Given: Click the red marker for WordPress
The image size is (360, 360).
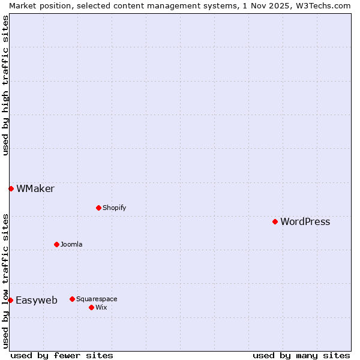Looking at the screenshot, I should (x=275, y=221).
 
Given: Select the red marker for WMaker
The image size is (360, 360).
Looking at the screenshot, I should (x=11, y=188).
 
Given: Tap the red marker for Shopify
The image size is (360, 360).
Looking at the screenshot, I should (x=98, y=208).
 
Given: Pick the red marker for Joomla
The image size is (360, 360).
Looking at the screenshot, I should (x=56, y=244).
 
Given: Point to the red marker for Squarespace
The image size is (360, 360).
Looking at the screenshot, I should (x=72, y=299).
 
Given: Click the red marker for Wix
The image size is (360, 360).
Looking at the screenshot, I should (x=91, y=307).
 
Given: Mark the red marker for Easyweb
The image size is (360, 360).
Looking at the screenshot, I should (x=10, y=300).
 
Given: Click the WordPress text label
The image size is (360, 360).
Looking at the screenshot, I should (x=305, y=221).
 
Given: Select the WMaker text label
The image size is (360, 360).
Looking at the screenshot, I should (x=35, y=188).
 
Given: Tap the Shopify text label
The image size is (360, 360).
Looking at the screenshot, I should (x=114, y=208).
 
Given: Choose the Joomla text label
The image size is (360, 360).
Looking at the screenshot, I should (x=71, y=244).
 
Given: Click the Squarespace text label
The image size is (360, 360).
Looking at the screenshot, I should (x=97, y=299).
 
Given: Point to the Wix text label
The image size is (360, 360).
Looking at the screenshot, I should (x=101, y=307).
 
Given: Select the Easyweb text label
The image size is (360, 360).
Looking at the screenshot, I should (x=37, y=300).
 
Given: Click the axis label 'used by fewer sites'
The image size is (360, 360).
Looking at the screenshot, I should (x=62, y=355).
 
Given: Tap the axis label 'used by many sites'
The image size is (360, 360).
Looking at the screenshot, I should (x=301, y=355).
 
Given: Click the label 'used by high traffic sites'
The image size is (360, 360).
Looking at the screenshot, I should (x=5, y=85).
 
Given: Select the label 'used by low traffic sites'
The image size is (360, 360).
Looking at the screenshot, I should (x=5, y=281).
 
